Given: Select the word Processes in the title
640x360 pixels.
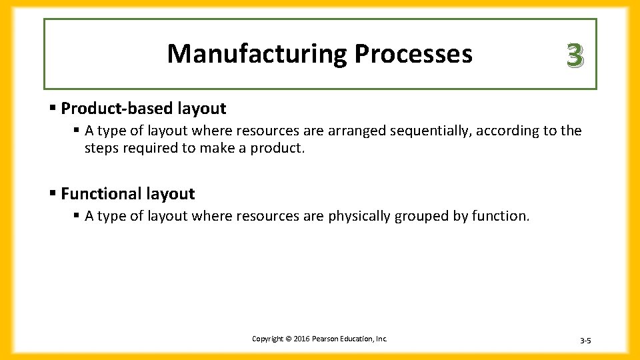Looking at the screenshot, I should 413,53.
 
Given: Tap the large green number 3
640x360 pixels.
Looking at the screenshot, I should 575,55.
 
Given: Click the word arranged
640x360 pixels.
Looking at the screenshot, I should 357,131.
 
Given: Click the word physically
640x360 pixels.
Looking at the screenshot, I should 359,216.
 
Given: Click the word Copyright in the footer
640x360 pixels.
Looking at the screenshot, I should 267,339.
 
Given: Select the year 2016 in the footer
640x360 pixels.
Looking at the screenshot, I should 299,339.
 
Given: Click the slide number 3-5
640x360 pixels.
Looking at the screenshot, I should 585,341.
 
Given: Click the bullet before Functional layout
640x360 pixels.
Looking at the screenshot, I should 53,193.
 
